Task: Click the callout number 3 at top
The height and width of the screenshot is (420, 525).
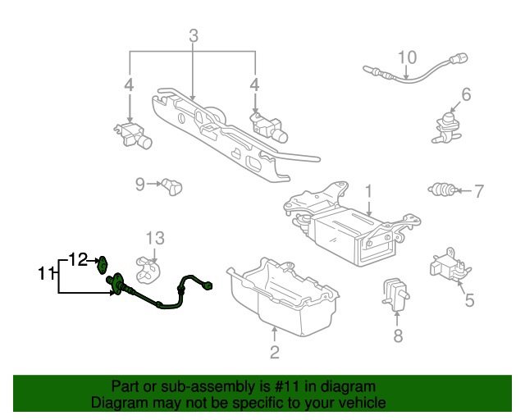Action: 193,36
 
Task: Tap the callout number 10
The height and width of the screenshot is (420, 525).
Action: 408,57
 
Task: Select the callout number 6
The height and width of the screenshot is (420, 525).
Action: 466,95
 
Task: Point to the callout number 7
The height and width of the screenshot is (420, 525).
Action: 479,192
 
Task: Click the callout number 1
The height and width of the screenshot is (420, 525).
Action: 369,191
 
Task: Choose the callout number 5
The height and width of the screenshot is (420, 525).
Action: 469,300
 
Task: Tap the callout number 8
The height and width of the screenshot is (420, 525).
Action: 398,336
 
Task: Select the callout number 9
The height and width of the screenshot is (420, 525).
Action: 140,184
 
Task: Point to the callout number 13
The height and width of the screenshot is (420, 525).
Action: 156,238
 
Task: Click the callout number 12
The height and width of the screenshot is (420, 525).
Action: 77,259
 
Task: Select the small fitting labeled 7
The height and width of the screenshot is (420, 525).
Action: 443,192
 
